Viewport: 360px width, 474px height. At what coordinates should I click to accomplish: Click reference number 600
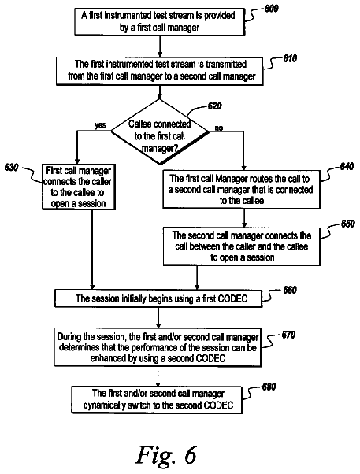[x=271, y=9]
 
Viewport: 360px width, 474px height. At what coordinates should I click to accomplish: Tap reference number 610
[x=290, y=58]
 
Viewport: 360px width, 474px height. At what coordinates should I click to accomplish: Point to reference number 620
[x=214, y=106]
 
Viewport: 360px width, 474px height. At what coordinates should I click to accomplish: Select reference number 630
[x=12, y=167]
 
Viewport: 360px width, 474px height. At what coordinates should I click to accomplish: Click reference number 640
[x=347, y=166]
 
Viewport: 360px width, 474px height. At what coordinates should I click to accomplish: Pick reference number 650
[x=347, y=224]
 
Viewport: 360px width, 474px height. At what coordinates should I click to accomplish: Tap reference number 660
[x=290, y=290]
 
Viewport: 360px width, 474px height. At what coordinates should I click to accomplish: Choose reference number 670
[x=288, y=335]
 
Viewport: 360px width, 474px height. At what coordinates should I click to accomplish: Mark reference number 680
[x=269, y=387]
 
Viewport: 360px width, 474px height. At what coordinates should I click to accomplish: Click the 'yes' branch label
[x=100, y=125]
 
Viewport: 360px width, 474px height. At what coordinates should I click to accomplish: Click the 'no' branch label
[x=219, y=128]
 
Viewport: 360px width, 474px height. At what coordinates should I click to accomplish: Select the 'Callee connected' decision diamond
[x=160, y=131]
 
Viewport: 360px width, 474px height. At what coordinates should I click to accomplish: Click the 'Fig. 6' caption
[x=166, y=454]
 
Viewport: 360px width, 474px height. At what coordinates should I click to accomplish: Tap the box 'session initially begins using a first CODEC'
[x=158, y=298]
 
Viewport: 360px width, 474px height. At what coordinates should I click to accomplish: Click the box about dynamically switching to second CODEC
[x=157, y=400]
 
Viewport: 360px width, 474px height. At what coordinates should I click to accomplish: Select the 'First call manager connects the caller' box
[x=79, y=187]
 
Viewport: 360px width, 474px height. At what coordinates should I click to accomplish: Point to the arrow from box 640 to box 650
[x=244, y=218]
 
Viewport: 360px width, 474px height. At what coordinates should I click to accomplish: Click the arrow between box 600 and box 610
[x=160, y=46]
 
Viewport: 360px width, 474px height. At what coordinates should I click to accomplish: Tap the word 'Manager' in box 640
[x=232, y=179]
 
